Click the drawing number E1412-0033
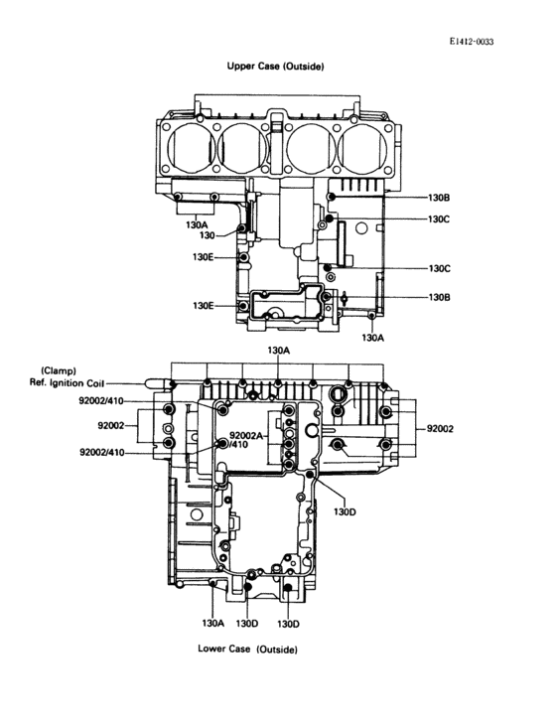pyautogui.click(x=472, y=42)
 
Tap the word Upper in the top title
pyautogui.click(x=240, y=67)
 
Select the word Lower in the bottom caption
pyautogui.click(x=210, y=649)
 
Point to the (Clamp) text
pyautogui.click(x=59, y=370)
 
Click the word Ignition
pyautogui.click(x=66, y=383)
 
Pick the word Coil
pyautogui.click(x=95, y=383)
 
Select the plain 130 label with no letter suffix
pyautogui.click(x=208, y=236)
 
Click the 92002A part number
pyautogui.click(x=246, y=435)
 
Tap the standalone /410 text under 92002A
pyautogui.click(x=238, y=444)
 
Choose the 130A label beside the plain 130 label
pyautogui.click(x=197, y=224)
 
